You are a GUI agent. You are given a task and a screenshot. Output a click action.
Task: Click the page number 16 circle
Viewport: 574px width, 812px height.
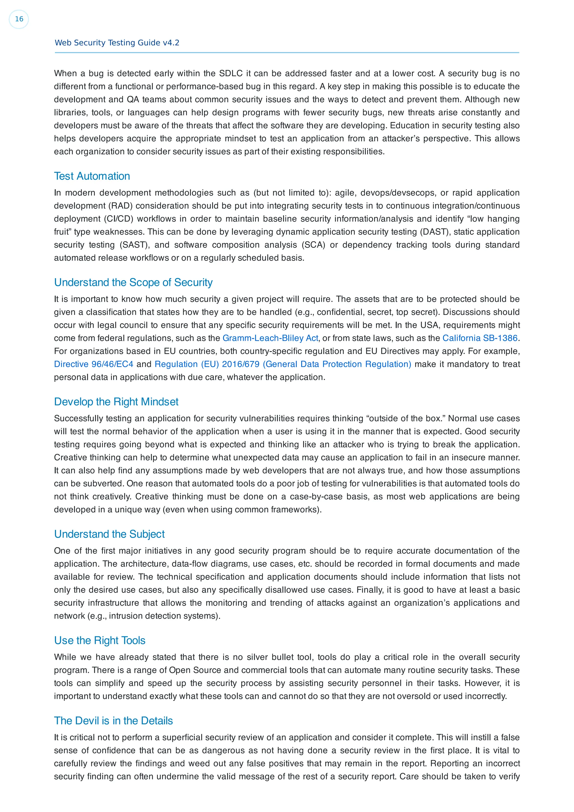pos(19,19)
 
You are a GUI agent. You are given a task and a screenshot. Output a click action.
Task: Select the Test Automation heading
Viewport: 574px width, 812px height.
pos(92,176)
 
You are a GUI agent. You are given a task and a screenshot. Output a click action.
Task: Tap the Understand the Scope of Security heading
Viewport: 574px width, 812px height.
pos(133,282)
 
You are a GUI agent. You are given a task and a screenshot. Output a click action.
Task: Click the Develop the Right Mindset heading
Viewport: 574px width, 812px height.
pos(116,402)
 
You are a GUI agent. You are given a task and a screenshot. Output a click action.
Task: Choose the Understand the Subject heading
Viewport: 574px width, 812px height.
pos(109,534)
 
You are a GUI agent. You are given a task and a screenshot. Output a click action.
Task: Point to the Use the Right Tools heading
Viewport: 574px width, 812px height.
pos(100,641)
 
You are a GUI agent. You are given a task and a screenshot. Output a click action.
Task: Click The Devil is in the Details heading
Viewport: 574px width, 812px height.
pos(113,721)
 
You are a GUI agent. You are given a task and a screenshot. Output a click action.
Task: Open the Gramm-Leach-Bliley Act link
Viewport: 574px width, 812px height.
pos(270,338)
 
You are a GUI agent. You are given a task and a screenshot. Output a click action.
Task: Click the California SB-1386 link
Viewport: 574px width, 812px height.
pos(480,338)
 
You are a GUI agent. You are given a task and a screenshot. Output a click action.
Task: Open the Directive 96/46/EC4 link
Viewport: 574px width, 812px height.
pos(94,364)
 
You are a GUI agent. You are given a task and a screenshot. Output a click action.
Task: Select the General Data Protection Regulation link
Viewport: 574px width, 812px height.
pos(283,364)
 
